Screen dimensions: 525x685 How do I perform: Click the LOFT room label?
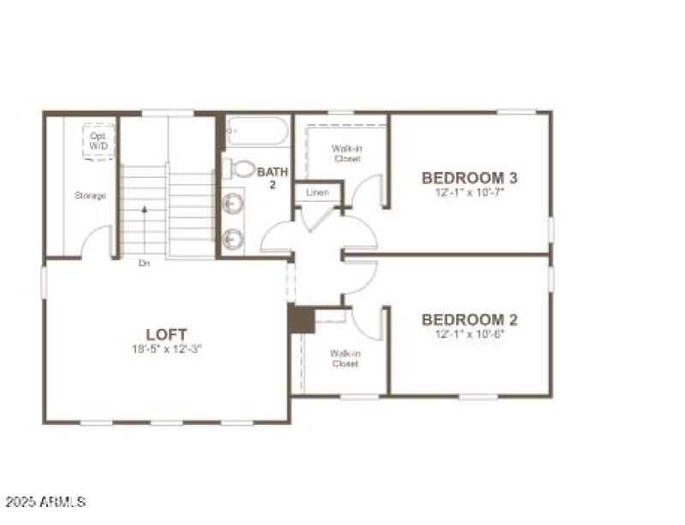[166, 334]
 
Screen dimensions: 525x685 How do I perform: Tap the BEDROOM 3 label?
[469, 178]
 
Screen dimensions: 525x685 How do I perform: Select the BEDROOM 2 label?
[469, 319]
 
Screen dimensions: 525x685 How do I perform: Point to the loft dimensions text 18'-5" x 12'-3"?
[166, 349]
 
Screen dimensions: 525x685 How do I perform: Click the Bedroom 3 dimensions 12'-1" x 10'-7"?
[469, 193]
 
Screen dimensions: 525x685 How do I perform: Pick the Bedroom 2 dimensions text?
[469, 334]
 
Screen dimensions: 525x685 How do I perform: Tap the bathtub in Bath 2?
[257, 134]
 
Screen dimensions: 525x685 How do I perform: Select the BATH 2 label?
[273, 178]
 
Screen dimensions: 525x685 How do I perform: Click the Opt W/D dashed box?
[98, 140]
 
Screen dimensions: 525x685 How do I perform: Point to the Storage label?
[90, 196]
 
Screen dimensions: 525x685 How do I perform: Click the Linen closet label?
[317, 193]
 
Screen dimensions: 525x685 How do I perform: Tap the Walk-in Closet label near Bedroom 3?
[346, 153]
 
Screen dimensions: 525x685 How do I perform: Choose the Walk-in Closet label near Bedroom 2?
[344, 358]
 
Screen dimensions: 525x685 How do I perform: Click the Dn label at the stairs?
[145, 264]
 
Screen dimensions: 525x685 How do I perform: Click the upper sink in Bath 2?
[233, 204]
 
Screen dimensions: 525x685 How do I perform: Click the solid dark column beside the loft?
[301, 319]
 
